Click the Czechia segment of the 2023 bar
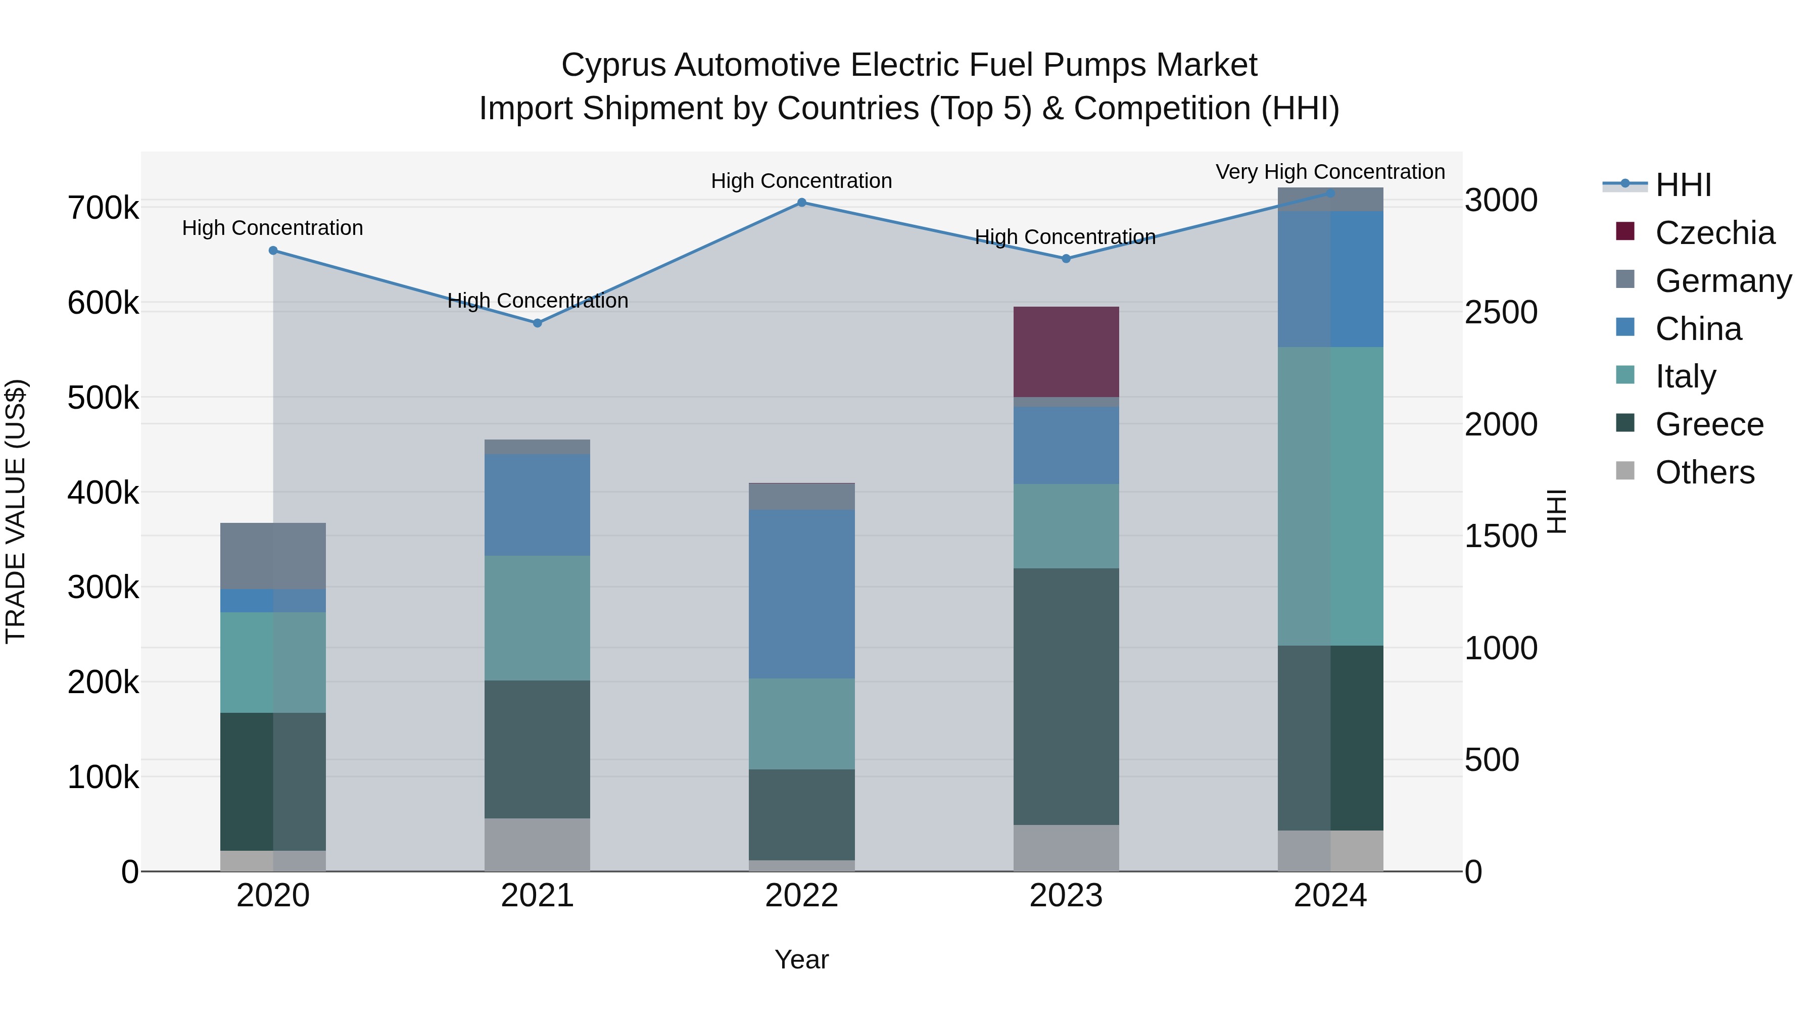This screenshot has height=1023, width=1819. [1066, 352]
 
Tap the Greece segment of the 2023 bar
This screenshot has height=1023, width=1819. [1066, 696]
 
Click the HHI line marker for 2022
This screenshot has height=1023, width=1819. [801, 203]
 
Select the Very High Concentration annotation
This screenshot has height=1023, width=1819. [1330, 172]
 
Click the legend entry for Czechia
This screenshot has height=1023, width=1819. [1714, 233]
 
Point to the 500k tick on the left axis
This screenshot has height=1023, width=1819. [103, 398]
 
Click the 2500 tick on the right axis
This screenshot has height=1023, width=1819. [1501, 312]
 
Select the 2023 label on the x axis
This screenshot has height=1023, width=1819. [1066, 896]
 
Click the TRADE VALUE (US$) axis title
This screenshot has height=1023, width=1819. [16, 511]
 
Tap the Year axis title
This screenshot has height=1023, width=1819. [801, 959]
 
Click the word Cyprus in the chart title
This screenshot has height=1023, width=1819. [613, 65]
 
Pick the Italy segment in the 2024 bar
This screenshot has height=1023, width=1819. [1330, 496]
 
